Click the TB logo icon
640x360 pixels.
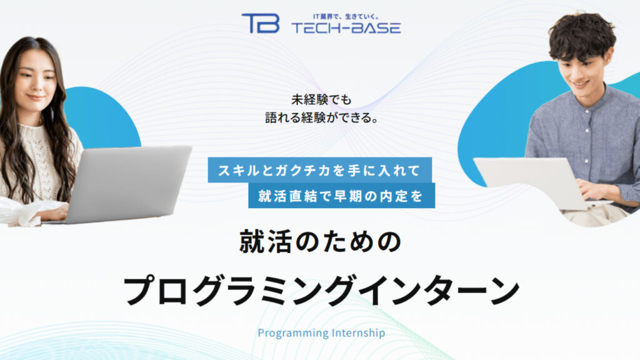[260, 22]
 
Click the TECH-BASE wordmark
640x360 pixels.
[346, 27]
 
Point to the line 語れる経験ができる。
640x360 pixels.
[319, 117]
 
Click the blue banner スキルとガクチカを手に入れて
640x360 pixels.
[320, 170]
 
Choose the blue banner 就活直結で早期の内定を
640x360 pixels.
[341, 196]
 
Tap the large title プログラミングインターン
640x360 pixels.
[321, 289]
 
